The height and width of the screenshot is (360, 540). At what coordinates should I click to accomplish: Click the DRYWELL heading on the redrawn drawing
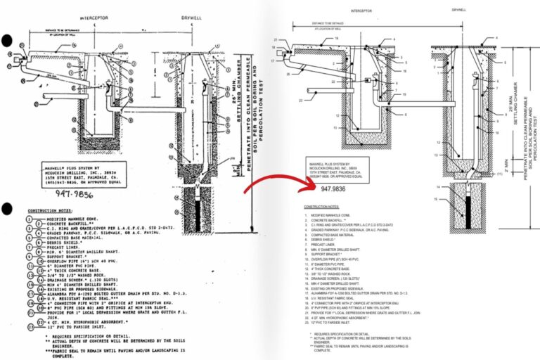tap(458, 11)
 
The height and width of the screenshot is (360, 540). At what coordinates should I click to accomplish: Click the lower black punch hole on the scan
tap(6, 208)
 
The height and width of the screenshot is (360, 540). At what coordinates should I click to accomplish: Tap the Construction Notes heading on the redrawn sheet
tap(321, 207)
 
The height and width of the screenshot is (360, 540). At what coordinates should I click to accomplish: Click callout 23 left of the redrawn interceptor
tap(302, 100)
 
